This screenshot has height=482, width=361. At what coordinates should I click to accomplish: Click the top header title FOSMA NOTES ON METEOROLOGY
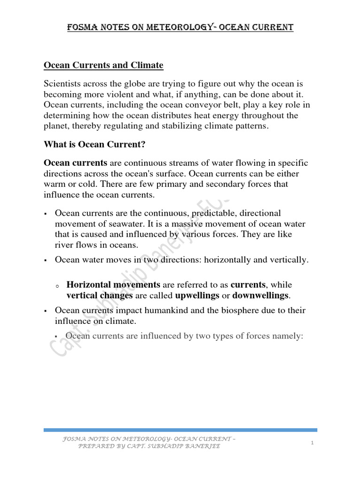[x=180, y=28]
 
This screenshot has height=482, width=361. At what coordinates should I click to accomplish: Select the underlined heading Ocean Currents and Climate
[x=103, y=65]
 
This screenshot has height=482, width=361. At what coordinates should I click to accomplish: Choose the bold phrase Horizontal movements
[x=113, y=285]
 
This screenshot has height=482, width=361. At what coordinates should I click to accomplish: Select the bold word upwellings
[x=197, y=295]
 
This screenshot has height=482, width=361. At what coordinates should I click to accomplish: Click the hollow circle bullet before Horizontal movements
[x=57, y=286]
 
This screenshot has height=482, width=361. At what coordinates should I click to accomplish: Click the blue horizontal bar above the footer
[x=180, y=430]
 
